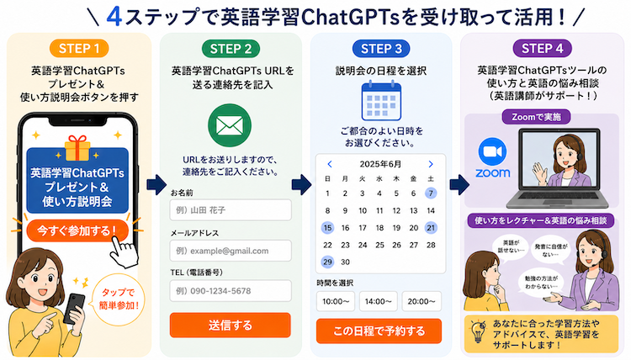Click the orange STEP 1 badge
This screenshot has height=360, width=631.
click(79, 49)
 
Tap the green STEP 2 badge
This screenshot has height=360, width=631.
click(231, 49)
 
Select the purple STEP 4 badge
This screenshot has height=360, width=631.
click(542, 49)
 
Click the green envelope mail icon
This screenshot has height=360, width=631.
click(230, 125)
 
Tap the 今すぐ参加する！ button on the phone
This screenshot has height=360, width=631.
click(77, 230)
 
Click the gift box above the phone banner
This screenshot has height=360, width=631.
click(77, 148)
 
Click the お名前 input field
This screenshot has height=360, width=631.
click(231, 210)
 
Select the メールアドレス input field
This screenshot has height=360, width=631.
click(231, 251)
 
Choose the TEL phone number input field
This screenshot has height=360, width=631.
click(231, 291)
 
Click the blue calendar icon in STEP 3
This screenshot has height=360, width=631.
click(381, 101)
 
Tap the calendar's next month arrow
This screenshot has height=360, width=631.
click(431, 164)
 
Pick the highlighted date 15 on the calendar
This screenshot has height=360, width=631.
click(327, 228)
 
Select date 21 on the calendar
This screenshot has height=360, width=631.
click(431, 228)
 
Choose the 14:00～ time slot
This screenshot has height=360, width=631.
click(379, 301)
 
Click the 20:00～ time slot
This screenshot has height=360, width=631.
click(422, 301)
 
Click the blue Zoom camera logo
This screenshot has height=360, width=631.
click(492, 151)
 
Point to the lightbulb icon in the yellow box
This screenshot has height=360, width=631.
click(478, 331)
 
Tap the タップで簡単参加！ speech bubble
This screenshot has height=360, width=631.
click(119, 299)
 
